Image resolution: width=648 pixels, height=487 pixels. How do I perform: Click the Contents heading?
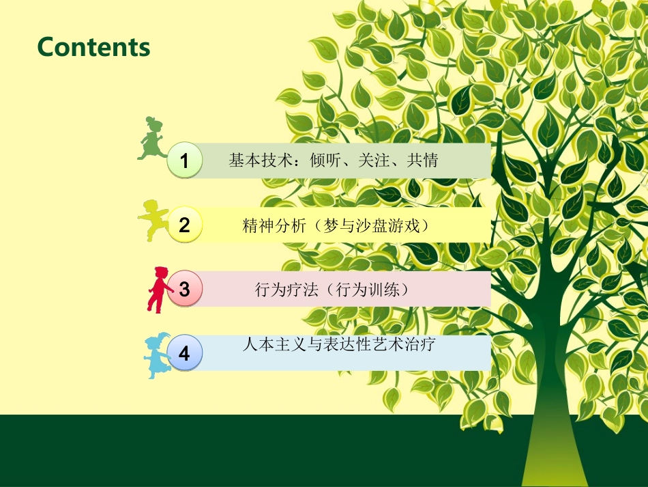tap(93, 47)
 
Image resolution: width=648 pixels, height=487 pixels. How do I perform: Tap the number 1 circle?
tap(184, 161)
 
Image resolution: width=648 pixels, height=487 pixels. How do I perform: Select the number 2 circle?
tap(184, 225)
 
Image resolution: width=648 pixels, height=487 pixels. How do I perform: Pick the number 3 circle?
tap(184, 289)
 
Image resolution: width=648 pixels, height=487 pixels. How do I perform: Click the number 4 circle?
tap(184, 353)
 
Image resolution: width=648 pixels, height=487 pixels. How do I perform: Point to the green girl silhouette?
tap(152, 139)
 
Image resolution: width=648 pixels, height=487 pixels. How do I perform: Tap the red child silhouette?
tap(158, 289)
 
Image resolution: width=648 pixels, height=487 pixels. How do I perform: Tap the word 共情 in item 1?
tap(422, 161)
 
